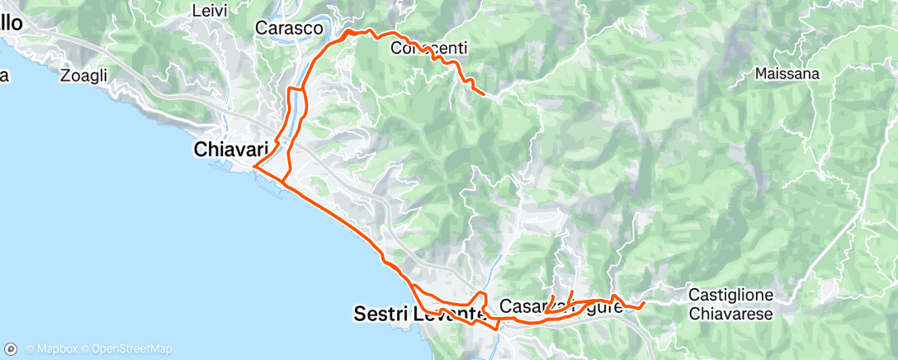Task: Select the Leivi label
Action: coord(209,11)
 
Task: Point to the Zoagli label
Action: coord(84,75)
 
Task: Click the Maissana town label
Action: coord(787,73)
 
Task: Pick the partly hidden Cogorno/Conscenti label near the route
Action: coord(428,48)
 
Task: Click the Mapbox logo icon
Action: coord(12,348)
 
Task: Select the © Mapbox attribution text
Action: coord(51,348)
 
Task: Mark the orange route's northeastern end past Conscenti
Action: coord(483,94)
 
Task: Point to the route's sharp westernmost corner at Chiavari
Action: coord(254,167)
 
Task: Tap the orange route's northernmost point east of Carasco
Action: coord(353,31)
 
